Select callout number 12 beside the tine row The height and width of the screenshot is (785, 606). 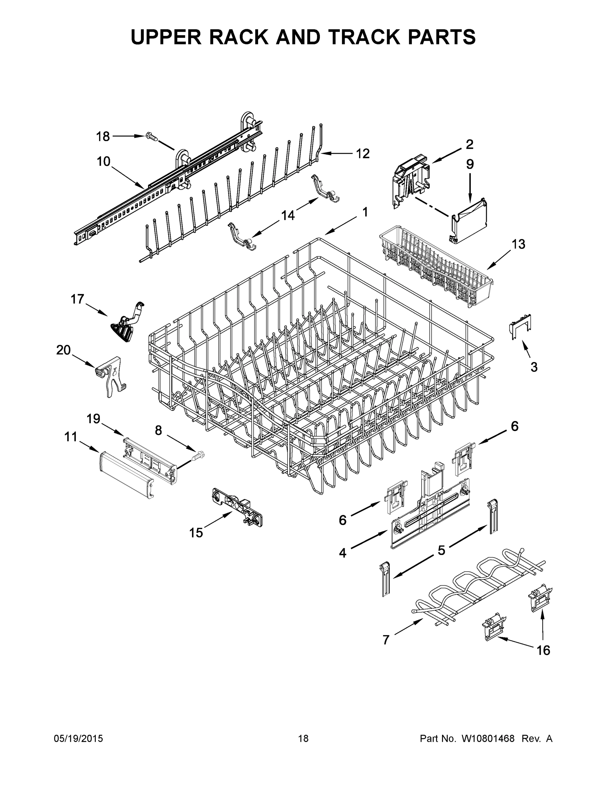(363, 153)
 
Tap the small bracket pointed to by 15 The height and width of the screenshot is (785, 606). (237, 507)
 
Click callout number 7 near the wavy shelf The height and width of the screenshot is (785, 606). (386, 639)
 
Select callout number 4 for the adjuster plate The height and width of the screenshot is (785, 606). (342, 552)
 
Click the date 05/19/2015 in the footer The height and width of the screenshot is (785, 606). (78, 738)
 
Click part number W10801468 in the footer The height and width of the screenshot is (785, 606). (487, 738)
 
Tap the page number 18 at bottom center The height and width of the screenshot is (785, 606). (303, 738)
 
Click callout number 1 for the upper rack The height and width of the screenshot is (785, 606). (365, 212)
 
